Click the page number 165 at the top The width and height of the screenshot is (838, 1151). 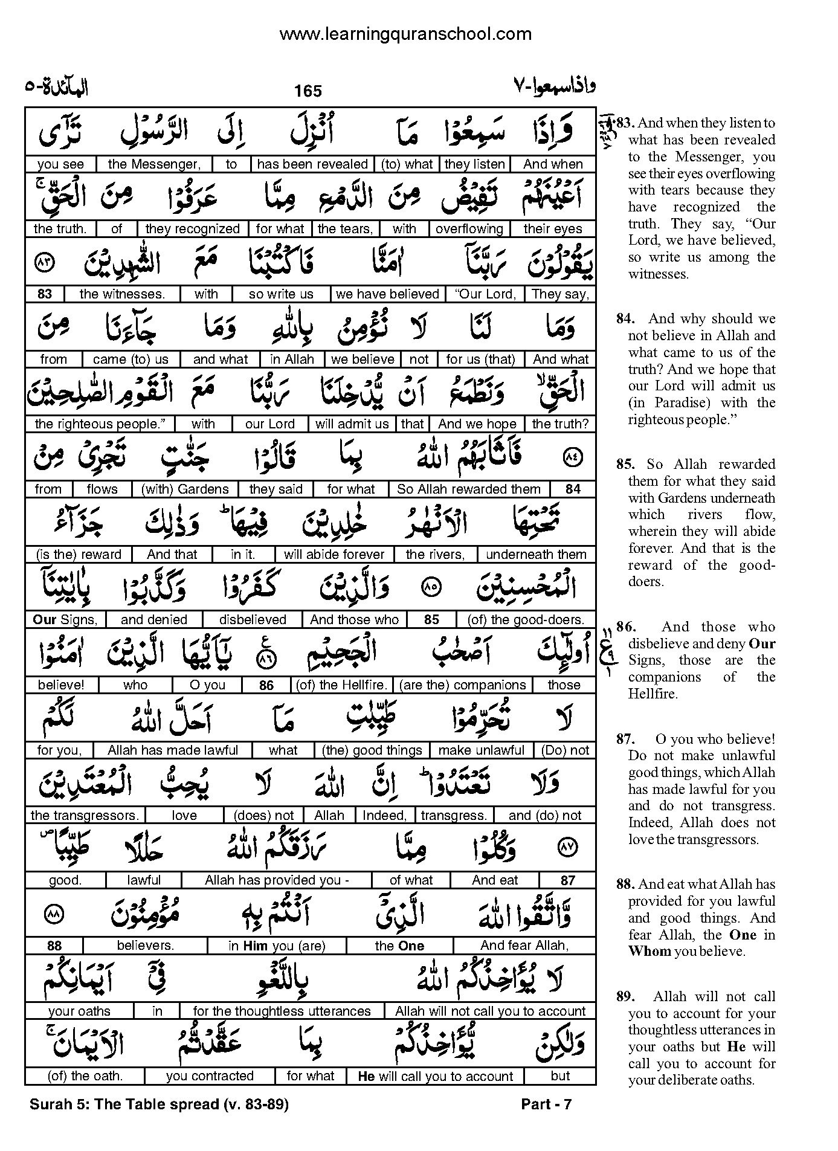pyautogui.click(x=308, y=91)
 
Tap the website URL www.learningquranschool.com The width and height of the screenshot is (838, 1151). pyautogui.click(x=405, y=34)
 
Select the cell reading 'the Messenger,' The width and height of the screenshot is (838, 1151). pyautogui.click(x=153, y=164)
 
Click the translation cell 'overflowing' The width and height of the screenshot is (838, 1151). pyautogui.click(x=469, y=229)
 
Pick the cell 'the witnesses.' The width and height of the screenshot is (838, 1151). pyautogui.click(x=121, y=294)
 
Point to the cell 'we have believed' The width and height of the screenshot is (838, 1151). pyautogui.click(x=387, y=294)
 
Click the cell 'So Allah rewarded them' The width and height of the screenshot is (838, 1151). pyautogui.click(x=468, y=489)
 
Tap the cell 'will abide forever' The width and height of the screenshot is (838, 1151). pyautogui.click(x=334, y=555)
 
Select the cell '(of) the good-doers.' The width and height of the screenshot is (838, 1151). pyautogui.click(x=526, y=620)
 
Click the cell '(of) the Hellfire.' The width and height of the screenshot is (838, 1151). pyautogui.click(x=341, y=685)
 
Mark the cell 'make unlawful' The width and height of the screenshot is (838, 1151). pyautogui.click(x=481, y=750)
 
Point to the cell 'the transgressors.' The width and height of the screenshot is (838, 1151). pyautogui.click(x=85, y=816)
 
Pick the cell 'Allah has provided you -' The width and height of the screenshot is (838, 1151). pyautogui.click(x=277, y=880)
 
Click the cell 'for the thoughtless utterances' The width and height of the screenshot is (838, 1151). pyautogui.click(x=282, y=1011)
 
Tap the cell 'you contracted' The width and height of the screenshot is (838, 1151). pyautogui.click(x=210, y=1076)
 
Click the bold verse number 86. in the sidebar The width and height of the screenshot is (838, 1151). pyautogui.click(x=625, y=627)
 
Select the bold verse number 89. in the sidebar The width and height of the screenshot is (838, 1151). pyautogui.click(x=625, y=997)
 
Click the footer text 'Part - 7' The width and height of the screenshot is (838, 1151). pyautogui.click(x=546, y=1104)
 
